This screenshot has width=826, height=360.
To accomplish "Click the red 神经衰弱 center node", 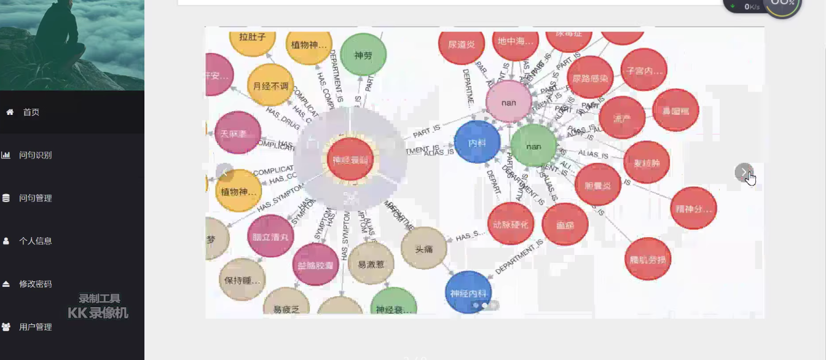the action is [350, 160].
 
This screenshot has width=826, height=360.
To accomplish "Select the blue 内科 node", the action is [477, 143].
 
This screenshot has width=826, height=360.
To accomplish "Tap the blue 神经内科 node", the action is [468, 293].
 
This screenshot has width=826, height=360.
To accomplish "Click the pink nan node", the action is [509, 102].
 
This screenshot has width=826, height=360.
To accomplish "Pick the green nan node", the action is [533, 146].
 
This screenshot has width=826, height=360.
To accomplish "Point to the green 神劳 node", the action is [363, 55].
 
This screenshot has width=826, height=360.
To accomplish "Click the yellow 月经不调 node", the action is [270, 86].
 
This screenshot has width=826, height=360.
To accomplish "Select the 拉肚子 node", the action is [252, 37].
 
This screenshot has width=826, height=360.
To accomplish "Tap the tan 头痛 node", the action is [423, 249].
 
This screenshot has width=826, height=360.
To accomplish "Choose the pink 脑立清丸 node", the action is [270, 237].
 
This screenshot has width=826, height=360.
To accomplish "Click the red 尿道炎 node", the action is [462, 44].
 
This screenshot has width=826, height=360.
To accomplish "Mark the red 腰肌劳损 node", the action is [648, 259].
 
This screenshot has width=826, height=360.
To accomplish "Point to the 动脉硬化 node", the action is [511, 224].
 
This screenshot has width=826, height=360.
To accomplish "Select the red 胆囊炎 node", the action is [598, 185].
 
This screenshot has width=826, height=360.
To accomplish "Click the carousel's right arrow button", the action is [744, 172].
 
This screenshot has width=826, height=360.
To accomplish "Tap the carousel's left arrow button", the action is [224, 172].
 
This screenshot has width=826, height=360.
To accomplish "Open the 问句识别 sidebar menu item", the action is [35, 155].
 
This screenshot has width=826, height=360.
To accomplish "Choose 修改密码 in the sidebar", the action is [35, 284].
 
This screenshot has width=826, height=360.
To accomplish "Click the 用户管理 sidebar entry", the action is [35, 327].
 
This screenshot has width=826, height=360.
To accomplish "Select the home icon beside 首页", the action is [10, 112].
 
